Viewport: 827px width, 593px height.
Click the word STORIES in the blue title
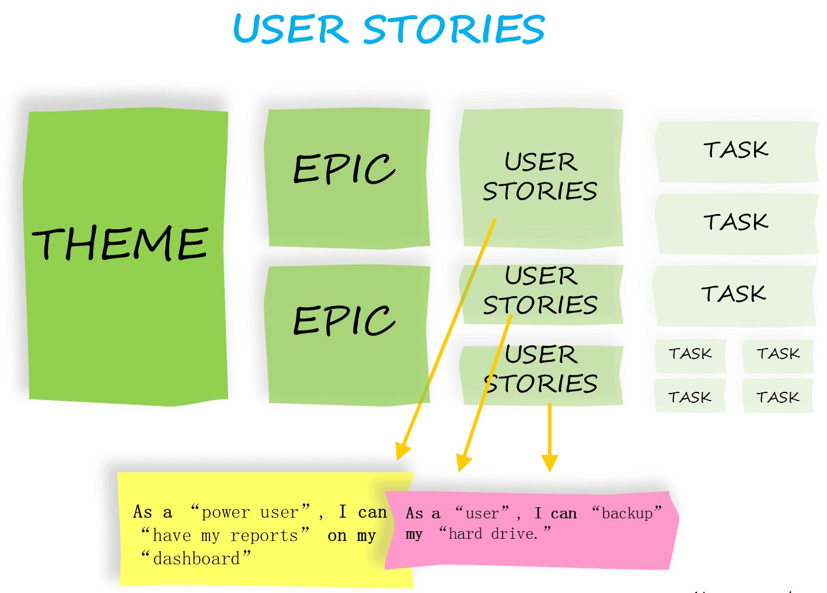(454, 29)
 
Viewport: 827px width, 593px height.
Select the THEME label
(120, 243)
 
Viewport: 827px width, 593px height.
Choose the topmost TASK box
(735, 150)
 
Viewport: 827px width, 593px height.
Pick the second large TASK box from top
(735, 222)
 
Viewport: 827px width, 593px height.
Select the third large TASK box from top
(734, 294)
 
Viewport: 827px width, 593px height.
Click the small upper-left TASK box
(690, 354)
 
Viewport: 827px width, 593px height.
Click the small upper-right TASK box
(778, 354)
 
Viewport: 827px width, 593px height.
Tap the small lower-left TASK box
(690, 398)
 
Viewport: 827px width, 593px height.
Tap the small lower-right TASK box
(777, 398)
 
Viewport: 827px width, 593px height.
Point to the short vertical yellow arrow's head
(550, 463)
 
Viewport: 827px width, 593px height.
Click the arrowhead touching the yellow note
(402, 451)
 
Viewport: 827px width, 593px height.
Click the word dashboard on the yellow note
(196, 559)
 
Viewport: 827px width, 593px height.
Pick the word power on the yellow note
(226, 513)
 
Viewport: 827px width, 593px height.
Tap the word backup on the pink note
(627, 513)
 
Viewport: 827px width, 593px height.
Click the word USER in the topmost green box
(541, 162)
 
